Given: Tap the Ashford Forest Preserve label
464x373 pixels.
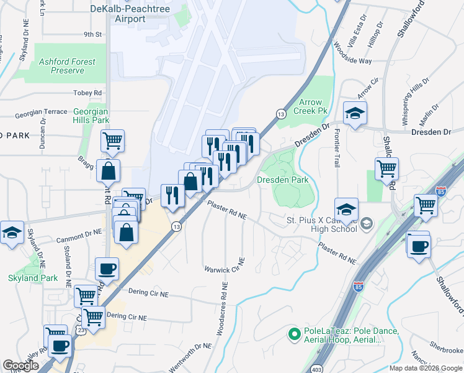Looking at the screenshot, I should [x=67, y=66].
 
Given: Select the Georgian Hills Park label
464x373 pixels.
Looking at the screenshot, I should [x=91, y=116].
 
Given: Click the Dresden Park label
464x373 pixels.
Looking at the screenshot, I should [x=282, y=180].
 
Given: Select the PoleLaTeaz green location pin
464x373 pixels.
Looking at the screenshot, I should [x=295, y=333].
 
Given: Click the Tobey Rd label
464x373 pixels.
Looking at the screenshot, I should [x=87, y=93].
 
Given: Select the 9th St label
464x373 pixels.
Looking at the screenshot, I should [x=92, y=34].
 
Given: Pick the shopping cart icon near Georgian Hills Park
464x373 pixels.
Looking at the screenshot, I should [x=112, y=140].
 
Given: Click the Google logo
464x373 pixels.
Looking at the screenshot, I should [x=20, y=366].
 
